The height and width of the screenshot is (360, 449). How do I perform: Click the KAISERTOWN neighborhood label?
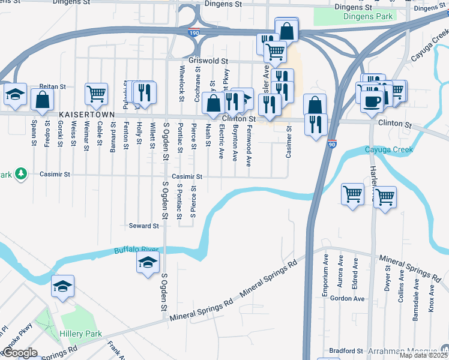[86, 113]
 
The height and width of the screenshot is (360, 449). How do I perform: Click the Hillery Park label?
[80, 334]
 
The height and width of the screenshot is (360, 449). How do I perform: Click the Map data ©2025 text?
[423, 355]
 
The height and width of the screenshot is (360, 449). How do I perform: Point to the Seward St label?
[143, 226]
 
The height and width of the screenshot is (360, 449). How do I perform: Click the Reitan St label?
[52, 87]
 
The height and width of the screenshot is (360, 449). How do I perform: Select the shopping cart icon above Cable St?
[96, 94]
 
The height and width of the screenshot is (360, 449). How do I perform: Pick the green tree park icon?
[22, 174]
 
